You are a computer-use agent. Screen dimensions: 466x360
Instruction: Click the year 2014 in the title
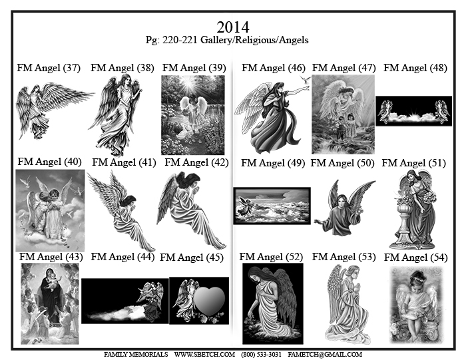pos(233,27)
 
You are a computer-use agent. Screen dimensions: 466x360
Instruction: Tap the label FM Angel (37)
pos(49,68)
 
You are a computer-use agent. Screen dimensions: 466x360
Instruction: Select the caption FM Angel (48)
pos(415,68)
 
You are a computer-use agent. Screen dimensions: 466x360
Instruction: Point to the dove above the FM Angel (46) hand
pos(305,79)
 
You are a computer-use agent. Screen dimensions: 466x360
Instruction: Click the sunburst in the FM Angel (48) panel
pos(413,114)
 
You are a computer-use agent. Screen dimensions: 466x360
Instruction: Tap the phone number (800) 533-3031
pos(261,355)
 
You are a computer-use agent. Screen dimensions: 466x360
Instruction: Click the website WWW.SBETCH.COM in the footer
pos(204,355)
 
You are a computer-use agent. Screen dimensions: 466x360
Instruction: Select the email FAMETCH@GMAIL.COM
pos(325,355)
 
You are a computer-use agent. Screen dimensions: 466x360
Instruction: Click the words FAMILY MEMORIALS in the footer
pos(136,355)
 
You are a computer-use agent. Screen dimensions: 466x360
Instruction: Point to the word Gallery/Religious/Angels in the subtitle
pos(254,40)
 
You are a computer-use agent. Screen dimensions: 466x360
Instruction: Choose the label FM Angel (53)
pos(344,257)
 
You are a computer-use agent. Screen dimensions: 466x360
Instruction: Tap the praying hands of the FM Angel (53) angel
pos(357,286)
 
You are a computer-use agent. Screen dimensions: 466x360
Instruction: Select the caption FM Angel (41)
pos(124,162)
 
